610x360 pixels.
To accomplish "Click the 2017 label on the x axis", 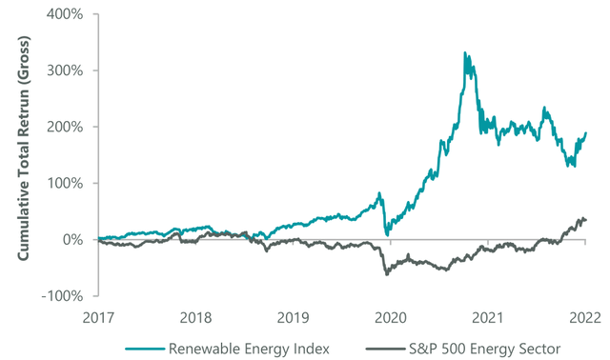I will [x=100, y=316].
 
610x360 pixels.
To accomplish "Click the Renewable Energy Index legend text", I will [x=250, y=349].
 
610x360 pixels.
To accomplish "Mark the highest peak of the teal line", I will [x=464, y=53].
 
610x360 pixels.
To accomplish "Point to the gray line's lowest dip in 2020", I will [x=387, y=274].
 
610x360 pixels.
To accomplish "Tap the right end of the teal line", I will [x=585, y=132].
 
